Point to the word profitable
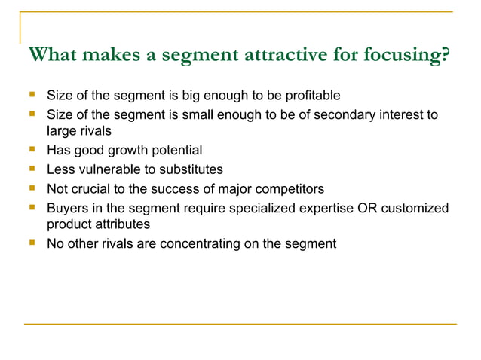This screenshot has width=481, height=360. [x=314, y=96]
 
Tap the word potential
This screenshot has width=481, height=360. [x=176, y=151]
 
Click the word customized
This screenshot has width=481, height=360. [x=415, y=207]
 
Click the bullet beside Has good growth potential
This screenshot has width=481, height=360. [x=32, y=150]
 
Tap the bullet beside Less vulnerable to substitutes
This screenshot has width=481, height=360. [x=32, y=169]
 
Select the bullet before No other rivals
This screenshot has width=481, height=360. [x=32, y=243]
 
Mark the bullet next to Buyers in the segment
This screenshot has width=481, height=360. [x=32, y=206]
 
